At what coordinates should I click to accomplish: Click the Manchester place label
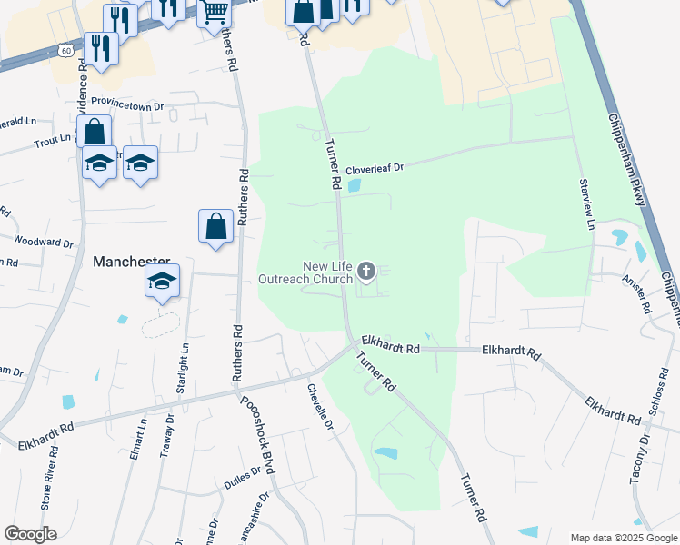(x=132, y=261)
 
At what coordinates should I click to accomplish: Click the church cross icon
(x=366, y=270)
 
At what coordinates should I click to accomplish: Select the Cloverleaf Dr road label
(x=373, y=168)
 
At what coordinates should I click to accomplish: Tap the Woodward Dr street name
(x=43, y=242)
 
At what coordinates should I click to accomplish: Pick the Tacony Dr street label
(x=639, y=458)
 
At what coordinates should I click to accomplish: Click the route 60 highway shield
(x=66, y=50)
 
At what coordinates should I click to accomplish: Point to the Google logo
(x=30, y=534)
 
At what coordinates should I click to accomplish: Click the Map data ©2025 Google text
(x=623, y=538)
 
